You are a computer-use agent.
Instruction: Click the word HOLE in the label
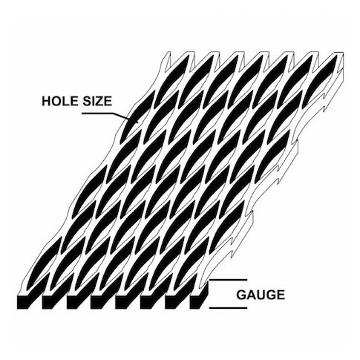click(60, 101)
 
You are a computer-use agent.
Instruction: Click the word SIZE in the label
click(97, 101)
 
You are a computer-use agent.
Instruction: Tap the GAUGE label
click(261, 295)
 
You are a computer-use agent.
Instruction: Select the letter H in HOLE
click(47, 101)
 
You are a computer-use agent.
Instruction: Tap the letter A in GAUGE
click(250, 295)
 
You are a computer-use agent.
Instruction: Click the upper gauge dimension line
click(228, 280)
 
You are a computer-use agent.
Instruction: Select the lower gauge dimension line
click(228, 308)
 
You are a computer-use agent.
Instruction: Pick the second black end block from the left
click(49, 301)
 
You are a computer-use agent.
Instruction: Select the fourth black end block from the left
click(98, 301)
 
